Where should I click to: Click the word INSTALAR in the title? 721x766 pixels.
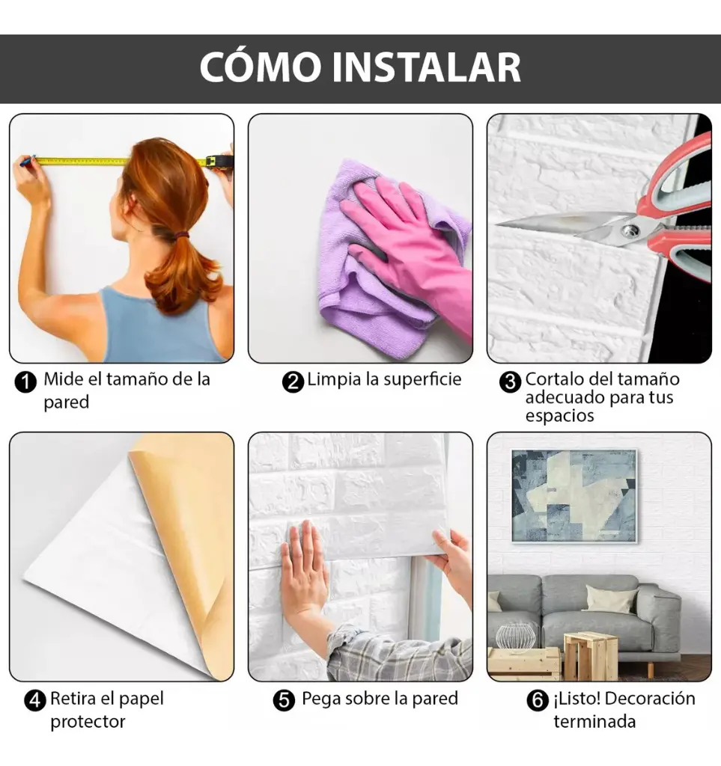[428, 68]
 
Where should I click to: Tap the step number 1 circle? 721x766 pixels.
[25, 382]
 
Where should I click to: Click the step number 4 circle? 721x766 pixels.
[34, 701]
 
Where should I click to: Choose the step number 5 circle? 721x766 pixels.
[284, 701]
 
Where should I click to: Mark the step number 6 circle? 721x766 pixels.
[538, 701]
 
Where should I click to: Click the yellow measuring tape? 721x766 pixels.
[112, 161]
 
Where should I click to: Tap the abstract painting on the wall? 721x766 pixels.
[574, 494]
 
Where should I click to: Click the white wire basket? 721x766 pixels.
[516, 635]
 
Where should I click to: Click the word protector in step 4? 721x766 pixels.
[87, 722]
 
